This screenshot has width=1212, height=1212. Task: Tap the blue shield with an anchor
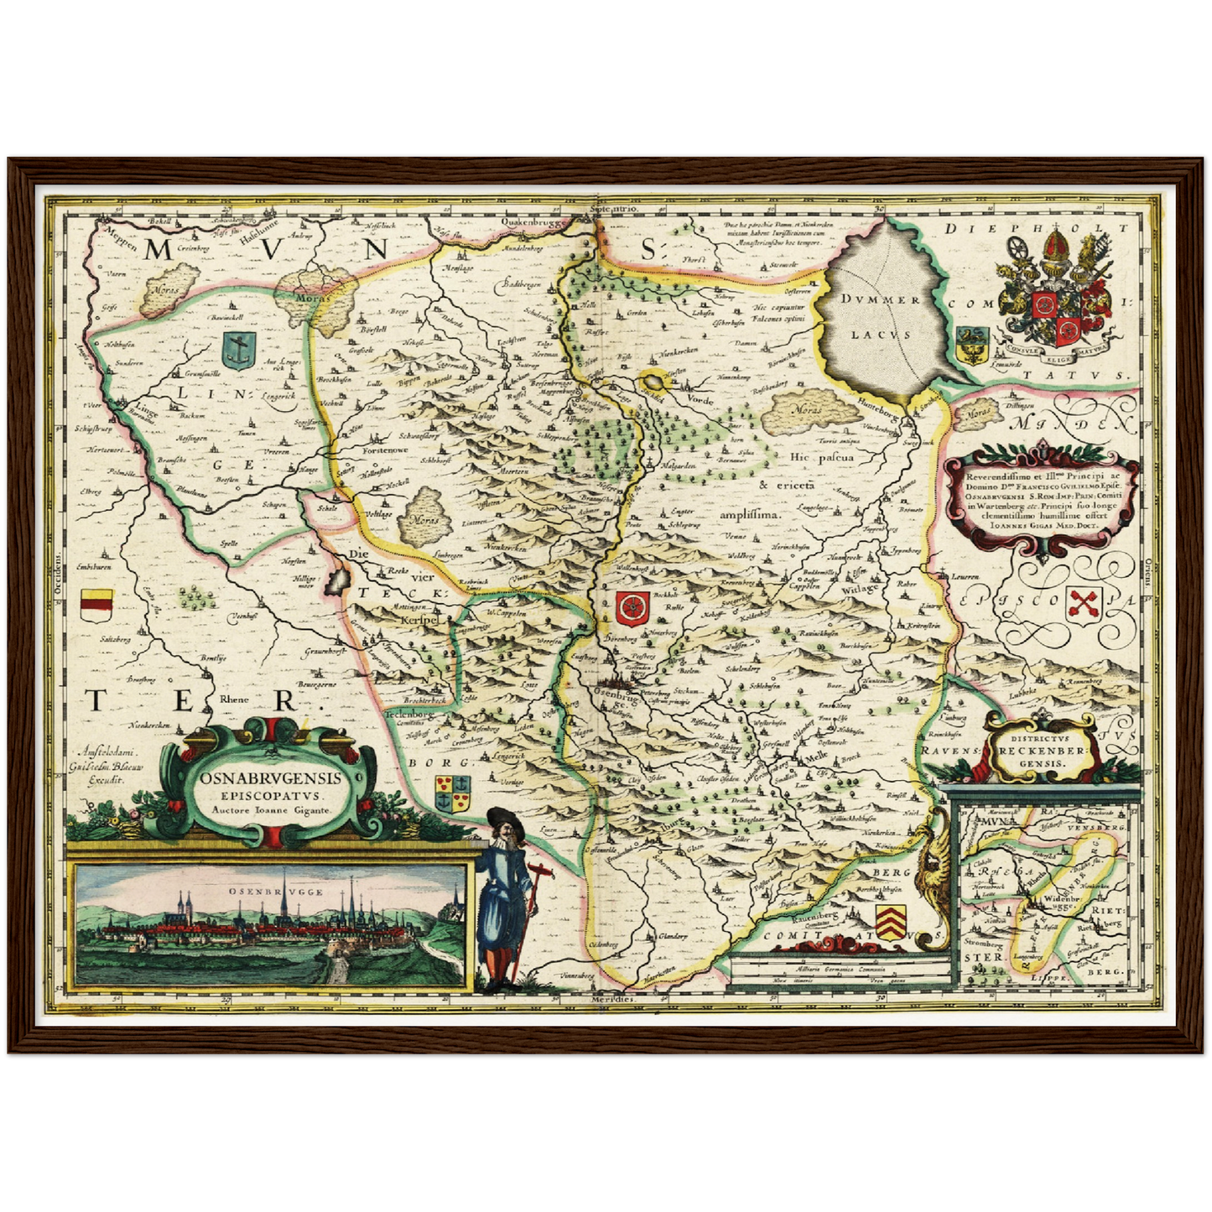[238, 350]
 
